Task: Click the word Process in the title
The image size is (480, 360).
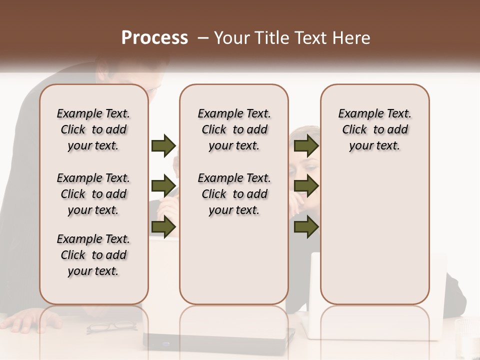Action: coord(154,38)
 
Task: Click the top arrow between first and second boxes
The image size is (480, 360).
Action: coord(163,146)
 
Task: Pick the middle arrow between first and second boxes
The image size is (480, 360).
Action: coord(163,186)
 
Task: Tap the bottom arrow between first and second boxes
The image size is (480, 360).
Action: coord(163,227)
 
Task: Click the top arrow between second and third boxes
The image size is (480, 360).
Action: coord(306,146)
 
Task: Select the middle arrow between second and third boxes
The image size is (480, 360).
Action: coord(306,186)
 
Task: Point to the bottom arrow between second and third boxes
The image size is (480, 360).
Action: coord(306,227)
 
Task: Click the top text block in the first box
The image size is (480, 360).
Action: coord(93,129)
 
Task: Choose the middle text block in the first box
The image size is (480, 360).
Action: coord(93,194)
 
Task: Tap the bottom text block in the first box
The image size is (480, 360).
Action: coord(93,255)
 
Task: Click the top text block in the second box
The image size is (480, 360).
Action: coord(234,129)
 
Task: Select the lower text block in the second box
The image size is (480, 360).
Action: coord(234,194)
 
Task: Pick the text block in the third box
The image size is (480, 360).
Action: coord(374,129)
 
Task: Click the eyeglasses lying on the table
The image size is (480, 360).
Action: coord(111,327)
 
